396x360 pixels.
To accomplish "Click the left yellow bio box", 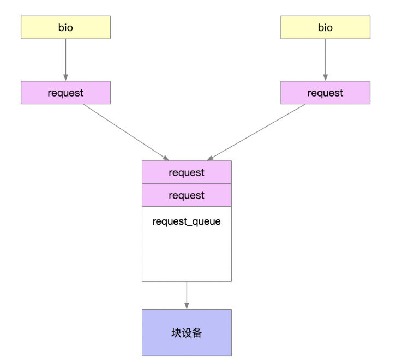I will click(x=65, y=27).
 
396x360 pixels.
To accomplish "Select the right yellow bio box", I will click(x=325, y=27).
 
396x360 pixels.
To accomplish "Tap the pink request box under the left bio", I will click(x=65, y=93).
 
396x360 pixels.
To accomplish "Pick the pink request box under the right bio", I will click(x=325, y=93).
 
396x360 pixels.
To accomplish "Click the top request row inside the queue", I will click(x=187, y=172).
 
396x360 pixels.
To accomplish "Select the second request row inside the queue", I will click(x=187, y=195).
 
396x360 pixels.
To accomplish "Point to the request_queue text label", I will click(x=187, y=222).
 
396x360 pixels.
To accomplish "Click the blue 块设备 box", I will click(x=187, y=333).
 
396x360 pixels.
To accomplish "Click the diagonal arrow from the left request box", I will click(x=125, y=131).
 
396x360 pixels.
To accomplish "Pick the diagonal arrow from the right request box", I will click(x=256, y=131).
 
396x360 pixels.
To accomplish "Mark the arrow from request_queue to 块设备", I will click(x=187, y=295).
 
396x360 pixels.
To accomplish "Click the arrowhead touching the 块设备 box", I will click(x=187, y=306).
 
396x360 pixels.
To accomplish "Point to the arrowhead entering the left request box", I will click(x=65, y=78).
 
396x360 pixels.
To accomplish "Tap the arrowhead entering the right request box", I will click(x=325, y=78).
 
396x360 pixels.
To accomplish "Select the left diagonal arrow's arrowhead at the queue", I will click(x=165, y=158).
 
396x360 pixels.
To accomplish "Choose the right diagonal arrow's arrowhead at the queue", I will click(x=210, y=158).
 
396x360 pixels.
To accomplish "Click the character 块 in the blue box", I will click(x=176, y=333).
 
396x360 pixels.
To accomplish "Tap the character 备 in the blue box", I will click(x=197, y=333).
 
